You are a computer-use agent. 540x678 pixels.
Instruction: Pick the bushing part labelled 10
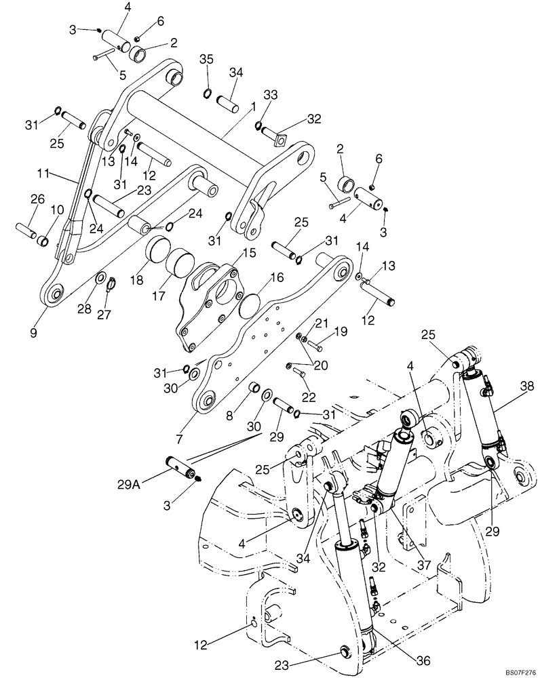tap(42, 240)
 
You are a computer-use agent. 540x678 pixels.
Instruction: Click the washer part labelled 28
tap(100, 279)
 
